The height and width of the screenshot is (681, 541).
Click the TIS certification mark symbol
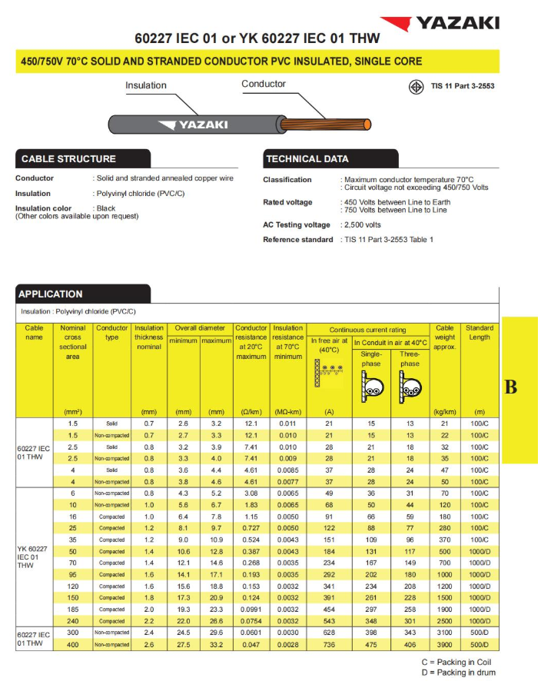coord(415,86)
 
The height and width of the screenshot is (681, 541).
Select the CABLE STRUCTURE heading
coord(68,159)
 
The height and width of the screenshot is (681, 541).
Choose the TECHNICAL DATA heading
coord(307,159)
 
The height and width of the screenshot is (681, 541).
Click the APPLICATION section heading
coord(51,294)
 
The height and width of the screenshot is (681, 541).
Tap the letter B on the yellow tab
coord(510,387)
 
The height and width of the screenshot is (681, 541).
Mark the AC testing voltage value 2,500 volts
coord(361,225)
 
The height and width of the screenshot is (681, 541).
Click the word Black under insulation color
coord(106,208)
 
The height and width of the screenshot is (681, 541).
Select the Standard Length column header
coord(480,332)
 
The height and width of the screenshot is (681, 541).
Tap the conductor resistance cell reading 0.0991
coord(251,609)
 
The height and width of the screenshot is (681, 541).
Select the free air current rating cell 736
coord(329,644)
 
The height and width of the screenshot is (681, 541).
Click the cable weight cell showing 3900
coord(444,644)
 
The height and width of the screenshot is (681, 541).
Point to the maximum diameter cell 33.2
coord(216,644)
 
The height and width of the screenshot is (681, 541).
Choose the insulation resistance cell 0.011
coord(288,424)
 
